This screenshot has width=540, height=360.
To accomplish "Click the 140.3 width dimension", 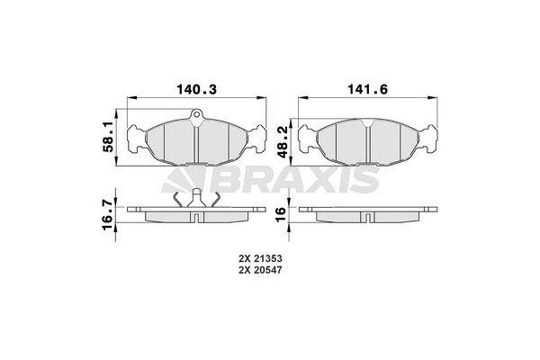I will tap(194, 90).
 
